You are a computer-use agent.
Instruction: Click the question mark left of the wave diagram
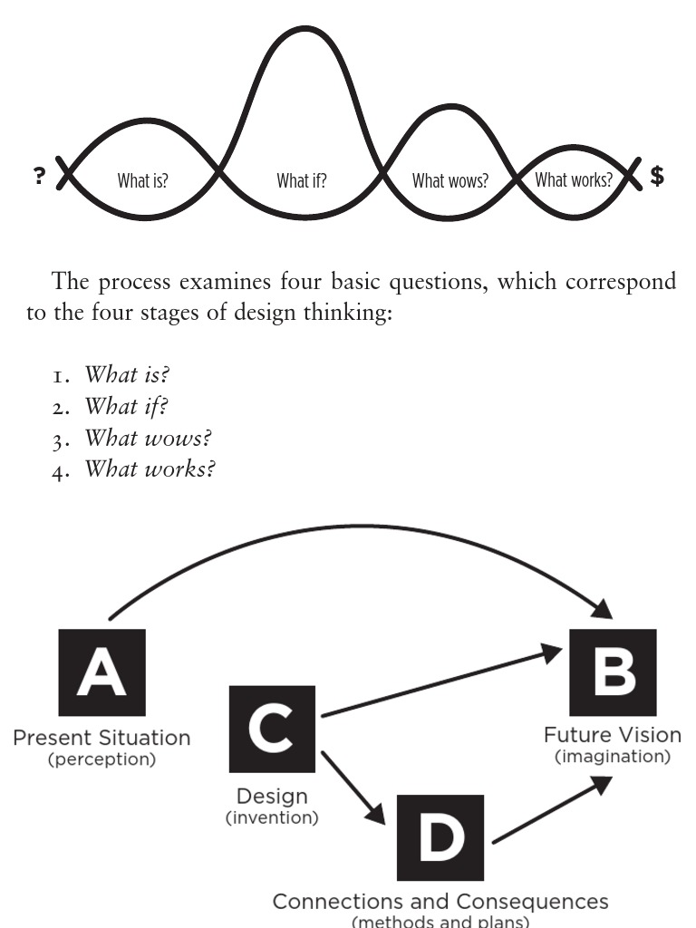click(x=39, y=176)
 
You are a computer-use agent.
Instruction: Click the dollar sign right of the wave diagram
click(x=657, y=176)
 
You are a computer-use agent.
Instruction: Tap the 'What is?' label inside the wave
click(x=142, y=180)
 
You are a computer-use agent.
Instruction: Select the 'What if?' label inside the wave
click(x=302, y=180)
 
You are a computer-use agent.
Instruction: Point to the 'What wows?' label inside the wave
click(x=449, y=180)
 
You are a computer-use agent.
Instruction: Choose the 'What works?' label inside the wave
click(x=573, y=179)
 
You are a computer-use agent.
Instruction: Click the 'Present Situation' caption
click(x=101, y=738)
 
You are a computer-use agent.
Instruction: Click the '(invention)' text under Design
click(x=271, y=818)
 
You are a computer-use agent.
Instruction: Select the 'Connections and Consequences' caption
click(x=441, y=902)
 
